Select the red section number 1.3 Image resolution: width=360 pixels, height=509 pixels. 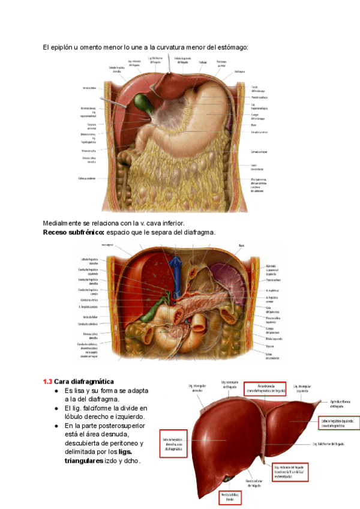coord(47,381)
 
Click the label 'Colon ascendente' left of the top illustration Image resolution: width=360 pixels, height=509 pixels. coord(87,178)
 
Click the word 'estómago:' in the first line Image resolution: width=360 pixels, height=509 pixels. coord(230,47)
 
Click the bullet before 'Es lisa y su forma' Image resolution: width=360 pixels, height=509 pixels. coord(56,391)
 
